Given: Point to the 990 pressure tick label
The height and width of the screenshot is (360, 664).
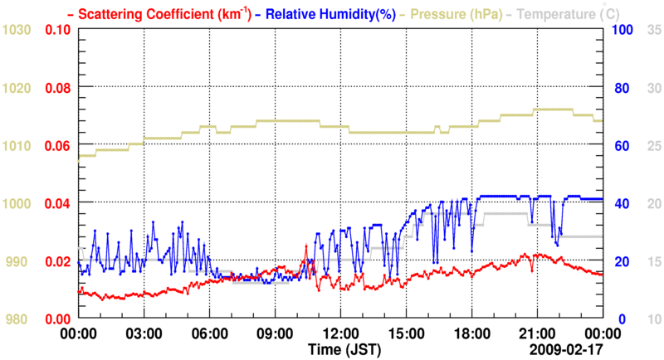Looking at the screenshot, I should coord(20,261).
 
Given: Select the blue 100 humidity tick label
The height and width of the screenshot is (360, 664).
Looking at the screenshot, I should coord(623,30).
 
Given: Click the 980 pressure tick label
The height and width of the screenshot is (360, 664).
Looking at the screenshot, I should coord(20,319).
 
